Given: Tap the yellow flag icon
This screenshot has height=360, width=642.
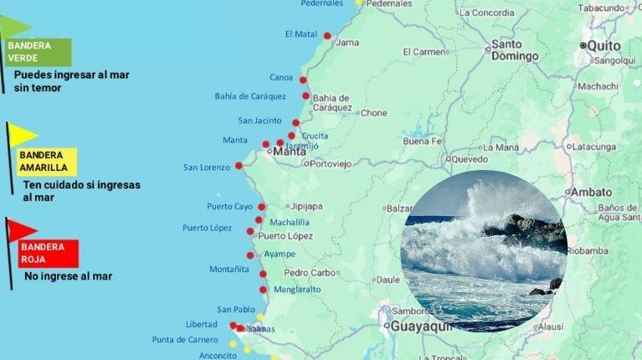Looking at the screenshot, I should [23, 135].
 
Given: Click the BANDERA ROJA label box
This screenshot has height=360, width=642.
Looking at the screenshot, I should [49, 254].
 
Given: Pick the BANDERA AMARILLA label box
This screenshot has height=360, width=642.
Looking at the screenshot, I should [47, 162].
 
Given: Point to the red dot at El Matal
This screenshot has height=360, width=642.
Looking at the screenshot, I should [327, 36].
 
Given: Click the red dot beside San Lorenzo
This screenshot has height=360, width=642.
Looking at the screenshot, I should [239, 166].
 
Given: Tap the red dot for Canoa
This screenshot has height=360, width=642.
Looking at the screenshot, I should [303, 80].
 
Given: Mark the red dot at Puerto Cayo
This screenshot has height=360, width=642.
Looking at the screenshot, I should [261, 207].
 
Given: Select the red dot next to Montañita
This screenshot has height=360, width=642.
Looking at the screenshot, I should [263, 274].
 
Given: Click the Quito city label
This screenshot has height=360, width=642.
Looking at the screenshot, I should [603, 45].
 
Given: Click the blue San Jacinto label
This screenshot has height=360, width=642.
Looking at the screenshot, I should [259, 121].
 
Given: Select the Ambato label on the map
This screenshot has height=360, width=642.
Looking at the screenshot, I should [591, 192].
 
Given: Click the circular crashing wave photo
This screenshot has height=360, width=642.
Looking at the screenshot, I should [485, 251].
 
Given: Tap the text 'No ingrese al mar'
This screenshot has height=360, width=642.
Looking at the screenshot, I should [68, 276].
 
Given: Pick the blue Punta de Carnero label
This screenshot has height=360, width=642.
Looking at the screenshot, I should [185, 340].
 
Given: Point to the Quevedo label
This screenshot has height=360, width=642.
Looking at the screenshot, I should [470, 159].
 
